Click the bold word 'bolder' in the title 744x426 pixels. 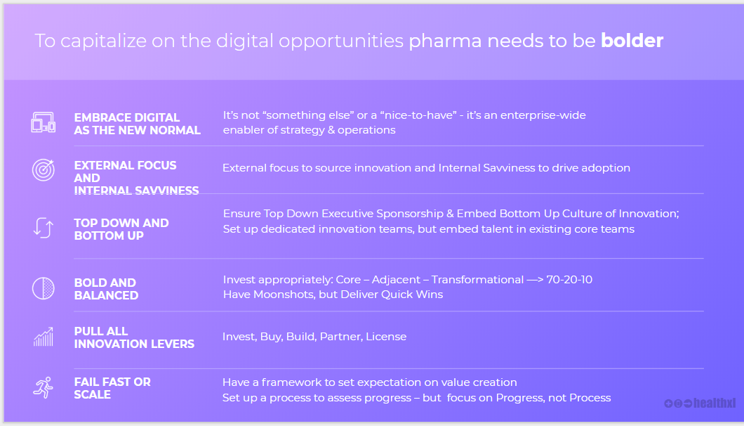[x=632, y=41]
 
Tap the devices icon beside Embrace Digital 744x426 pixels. [x=44, y=122]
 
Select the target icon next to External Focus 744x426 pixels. [x=44, y=169]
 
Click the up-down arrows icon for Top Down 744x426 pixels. [x=44, y=228]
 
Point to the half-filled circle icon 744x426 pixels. [x=44, y=288]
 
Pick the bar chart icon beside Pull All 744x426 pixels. [x=44, y=337]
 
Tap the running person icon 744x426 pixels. [x=44, y=387]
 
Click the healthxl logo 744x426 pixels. [x=700, y=404]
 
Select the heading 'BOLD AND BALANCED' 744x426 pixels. [x=106, y=289]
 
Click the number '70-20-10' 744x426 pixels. [x=569, y=280]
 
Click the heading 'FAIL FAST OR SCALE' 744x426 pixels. [x=112, y=388]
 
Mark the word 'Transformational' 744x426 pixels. [x=477, y=280]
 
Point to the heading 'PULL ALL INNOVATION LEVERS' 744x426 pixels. [x=134, y=337]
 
